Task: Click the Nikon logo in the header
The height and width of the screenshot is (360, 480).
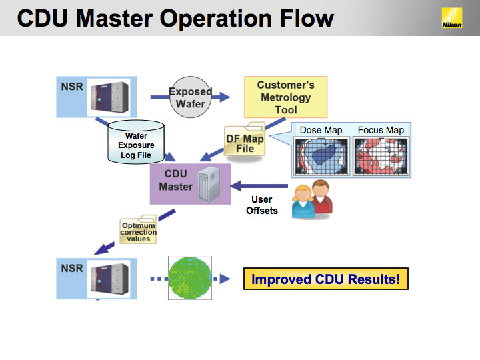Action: (452, 18)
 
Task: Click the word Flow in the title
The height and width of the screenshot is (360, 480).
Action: (307, 19)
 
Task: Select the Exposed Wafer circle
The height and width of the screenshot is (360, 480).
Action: (191, 97)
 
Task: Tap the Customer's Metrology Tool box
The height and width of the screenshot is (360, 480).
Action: (285, 97)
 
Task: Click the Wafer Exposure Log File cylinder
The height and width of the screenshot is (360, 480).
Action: (136, 142)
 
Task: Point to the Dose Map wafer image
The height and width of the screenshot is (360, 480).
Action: (321, 156)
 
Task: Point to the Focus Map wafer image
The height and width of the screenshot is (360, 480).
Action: (381, 156)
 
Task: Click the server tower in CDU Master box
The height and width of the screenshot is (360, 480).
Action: (209, 184)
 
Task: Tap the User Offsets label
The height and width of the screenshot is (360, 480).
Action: (262, 205)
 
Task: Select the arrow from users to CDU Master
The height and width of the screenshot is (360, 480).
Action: (259, 186)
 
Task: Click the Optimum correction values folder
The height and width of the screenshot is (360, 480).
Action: (138, 229)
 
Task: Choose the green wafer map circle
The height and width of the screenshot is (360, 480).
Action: (190, 278)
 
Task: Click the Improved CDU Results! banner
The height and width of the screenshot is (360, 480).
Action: (326, 279)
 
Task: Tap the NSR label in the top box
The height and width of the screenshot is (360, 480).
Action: (72, 87)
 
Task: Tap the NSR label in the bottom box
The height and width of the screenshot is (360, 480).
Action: (72, 269)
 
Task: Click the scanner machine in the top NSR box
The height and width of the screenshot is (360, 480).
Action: (109, 97)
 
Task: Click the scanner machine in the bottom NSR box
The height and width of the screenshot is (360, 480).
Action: (109, 279)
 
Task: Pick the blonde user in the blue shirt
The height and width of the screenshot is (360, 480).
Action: (303, 202)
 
